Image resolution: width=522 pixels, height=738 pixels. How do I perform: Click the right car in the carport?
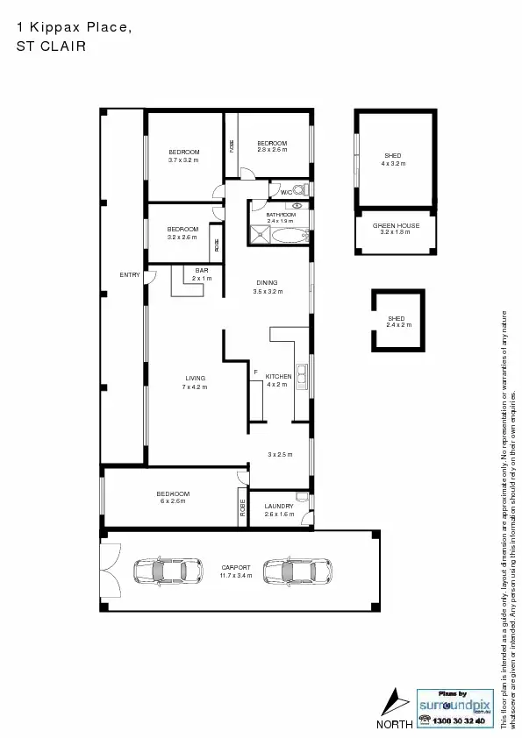[294, 571]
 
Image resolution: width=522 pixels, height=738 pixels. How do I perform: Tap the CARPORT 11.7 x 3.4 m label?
[236, 571]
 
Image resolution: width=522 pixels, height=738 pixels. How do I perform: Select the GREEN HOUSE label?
[396, 229]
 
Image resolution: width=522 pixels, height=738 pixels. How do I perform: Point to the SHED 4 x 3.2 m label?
[392, 160]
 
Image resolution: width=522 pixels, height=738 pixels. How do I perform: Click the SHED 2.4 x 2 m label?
[398, 322]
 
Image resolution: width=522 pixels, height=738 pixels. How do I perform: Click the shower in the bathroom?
[261, 234]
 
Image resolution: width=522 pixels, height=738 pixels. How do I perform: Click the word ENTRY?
[130, 275]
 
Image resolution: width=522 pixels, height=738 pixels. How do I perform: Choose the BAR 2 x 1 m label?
[202, 274]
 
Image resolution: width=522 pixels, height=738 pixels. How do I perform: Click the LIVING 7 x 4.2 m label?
[195, 382]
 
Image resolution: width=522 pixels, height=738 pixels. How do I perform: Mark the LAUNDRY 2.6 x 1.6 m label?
[279, 510]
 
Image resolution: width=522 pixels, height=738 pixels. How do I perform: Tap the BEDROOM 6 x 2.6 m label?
[173, 497]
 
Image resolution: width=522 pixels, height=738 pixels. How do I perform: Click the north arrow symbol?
[396, 702]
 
